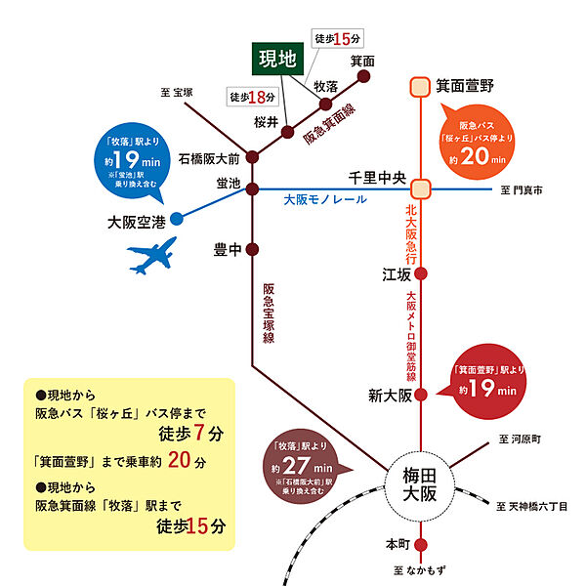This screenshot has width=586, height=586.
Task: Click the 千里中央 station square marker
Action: (x=420, y=188)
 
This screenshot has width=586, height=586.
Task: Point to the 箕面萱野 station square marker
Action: (x=420, y=87)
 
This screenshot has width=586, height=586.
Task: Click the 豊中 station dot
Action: (x=252, y=248)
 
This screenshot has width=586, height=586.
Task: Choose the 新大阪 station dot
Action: (x=420, y=395)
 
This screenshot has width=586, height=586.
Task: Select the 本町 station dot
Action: (x=420, y=544)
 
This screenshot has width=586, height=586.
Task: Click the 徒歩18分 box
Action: (x=253, y=97)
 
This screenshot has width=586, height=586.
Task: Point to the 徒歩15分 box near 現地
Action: (x=338, y=39)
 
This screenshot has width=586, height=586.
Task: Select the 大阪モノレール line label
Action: (x=325, y=199)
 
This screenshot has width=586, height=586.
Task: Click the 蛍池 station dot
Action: (x=252, y=188)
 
